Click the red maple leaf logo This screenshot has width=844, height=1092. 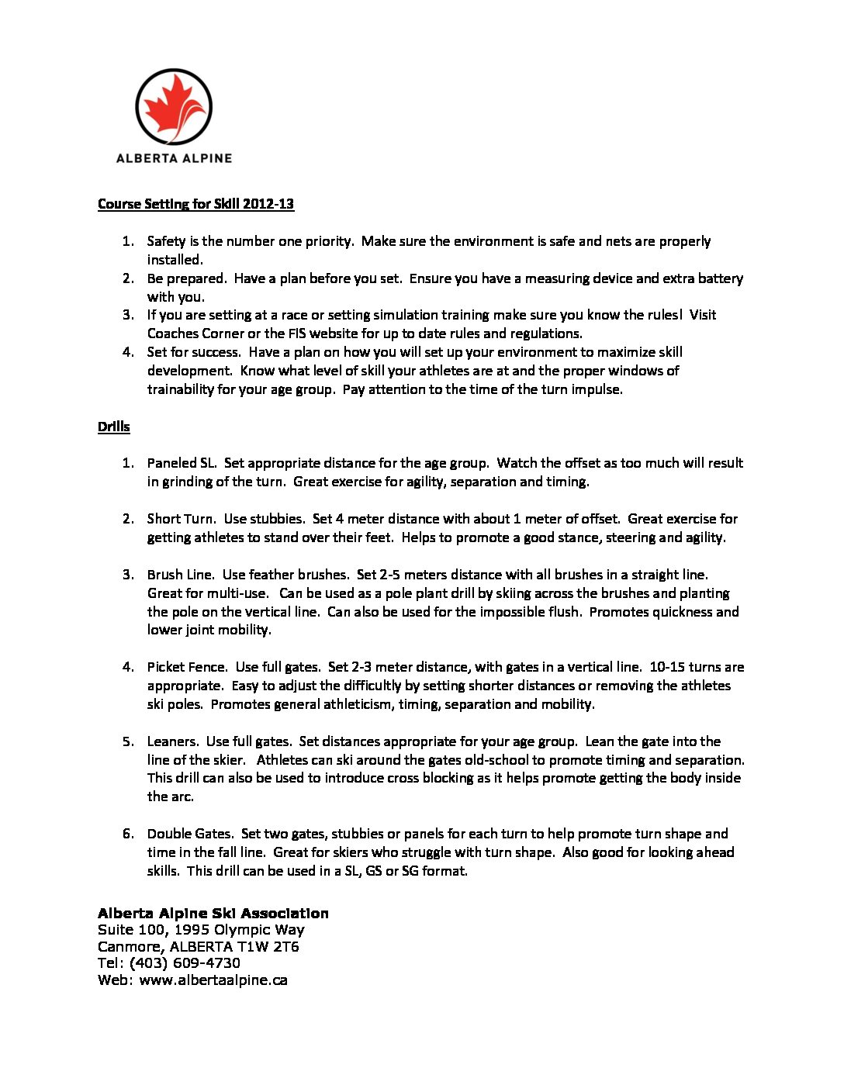174,106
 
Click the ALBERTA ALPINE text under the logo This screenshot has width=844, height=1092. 174,158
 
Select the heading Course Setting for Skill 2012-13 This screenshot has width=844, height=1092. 195,204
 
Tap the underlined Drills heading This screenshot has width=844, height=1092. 113,427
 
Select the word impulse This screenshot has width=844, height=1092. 597,389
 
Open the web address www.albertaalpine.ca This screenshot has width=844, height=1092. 213,980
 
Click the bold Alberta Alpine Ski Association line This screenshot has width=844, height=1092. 213,914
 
